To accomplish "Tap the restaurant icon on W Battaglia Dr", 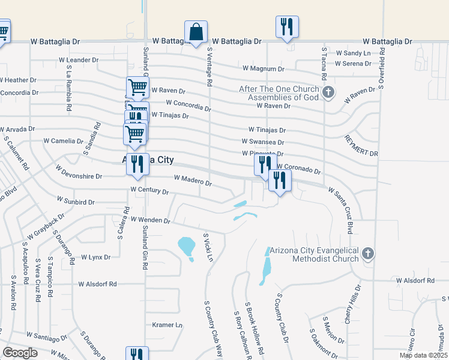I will [286, 27].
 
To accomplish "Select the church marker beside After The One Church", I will [328, 92].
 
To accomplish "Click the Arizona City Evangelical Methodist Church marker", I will [369, 254].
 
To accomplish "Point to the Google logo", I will [20, 353].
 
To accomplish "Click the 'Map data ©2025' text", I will [423, 355].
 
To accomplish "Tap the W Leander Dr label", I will [78, 60].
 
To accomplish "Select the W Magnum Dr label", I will [263, 69].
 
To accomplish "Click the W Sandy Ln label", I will [352, 53].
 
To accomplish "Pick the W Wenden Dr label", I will [150, 220].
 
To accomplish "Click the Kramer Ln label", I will [167, 325].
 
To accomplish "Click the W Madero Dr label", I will [192, 180].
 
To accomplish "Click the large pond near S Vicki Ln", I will [187, 245].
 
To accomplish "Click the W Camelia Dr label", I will [63, 141].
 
